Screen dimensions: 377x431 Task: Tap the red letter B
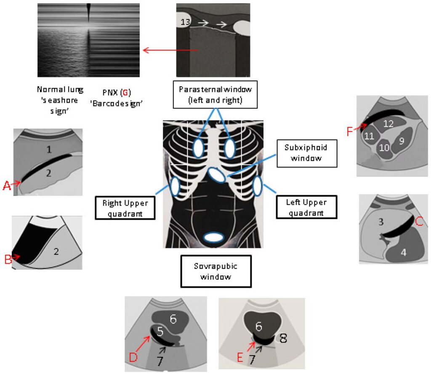[x=8, y=260]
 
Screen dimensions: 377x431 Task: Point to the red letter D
[x=133, y=358]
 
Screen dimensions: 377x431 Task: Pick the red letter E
[x=240, y=358]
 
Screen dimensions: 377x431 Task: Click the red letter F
[x=350, y=131]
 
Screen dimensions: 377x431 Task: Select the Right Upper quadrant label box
[x=125, y=207]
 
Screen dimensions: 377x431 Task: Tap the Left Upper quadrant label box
[x=306, y=207]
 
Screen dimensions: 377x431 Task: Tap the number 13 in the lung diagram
[x=184, y=21]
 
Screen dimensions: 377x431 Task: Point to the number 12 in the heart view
[x=388, y=124]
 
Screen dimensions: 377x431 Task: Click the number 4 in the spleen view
[x=403, y=253]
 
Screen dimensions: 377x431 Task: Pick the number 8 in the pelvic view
[x=283, y=338]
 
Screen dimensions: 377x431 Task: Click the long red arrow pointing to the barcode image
[x=170, y=50]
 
